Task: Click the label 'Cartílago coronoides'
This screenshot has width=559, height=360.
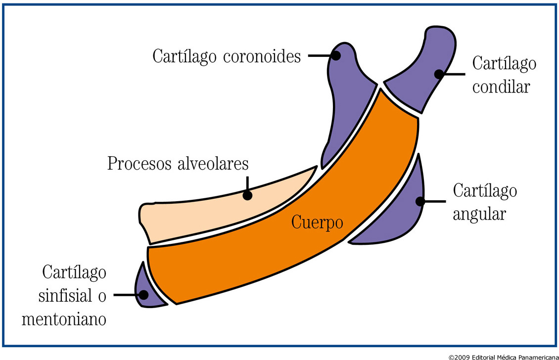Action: click(227, 56)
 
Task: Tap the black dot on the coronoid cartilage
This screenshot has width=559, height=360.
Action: click(336, 56)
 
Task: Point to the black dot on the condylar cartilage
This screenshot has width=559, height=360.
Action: click(438, 74)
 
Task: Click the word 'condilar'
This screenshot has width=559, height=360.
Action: click(501, 87)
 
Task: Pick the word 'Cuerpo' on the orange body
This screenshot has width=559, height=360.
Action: click(317, 222)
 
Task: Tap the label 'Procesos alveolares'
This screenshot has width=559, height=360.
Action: click(178, 164)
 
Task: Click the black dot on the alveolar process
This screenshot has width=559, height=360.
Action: click(247, 195)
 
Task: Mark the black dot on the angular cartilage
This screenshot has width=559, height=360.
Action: click(420, 201)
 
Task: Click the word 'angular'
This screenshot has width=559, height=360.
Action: click(479, 215)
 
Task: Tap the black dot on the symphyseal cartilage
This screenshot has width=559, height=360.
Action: click(144, 295)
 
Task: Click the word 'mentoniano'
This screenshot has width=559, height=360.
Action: click(64, 319)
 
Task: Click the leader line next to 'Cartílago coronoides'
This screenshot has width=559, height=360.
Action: click(319, 56)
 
